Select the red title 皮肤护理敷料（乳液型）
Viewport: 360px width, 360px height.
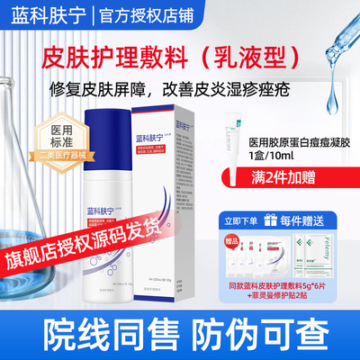[x=180, y=54]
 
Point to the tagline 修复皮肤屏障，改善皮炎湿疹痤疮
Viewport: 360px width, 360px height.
[x=180, y=89]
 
